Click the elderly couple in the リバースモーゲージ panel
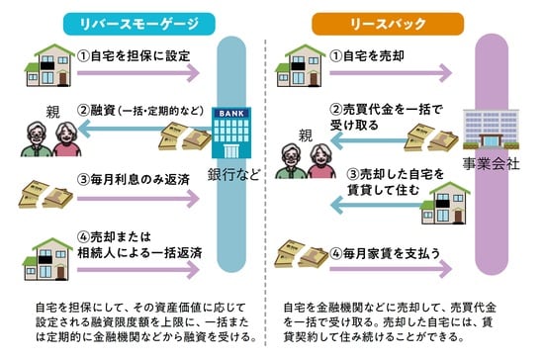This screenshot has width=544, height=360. click(x=49, y=138)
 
